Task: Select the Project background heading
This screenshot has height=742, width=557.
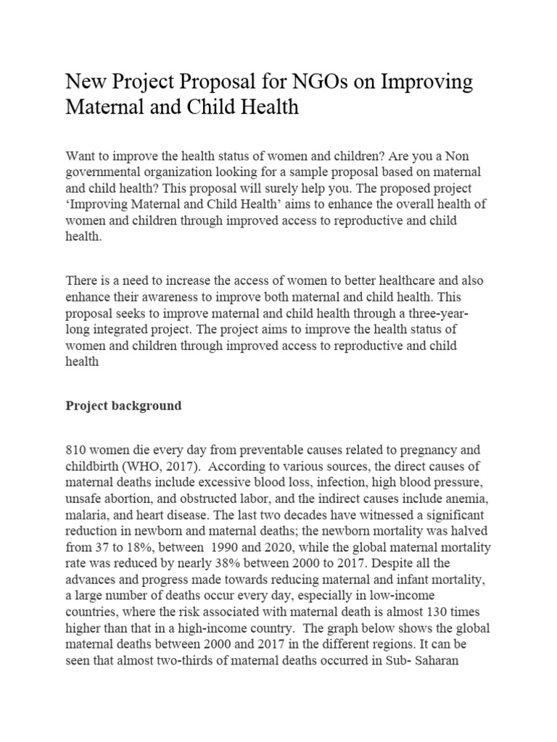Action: [x=123, y=406]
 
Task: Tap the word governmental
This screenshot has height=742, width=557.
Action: [x=106, y=172]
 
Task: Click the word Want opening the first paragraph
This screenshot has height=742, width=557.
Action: [x=81, y=157]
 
